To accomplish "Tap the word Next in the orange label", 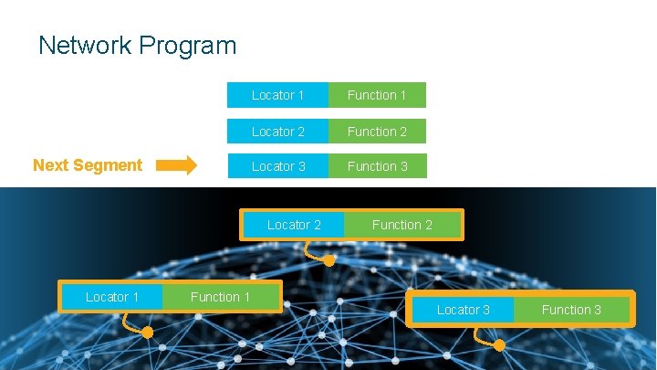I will [50, 165].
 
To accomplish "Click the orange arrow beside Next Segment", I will [176, 165].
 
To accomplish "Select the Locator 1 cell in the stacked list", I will [277, 95].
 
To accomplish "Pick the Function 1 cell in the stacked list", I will [377, 95].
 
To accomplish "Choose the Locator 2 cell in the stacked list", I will [277, 132].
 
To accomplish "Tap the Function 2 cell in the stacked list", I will [377, 132].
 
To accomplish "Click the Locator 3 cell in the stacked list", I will [277, 166].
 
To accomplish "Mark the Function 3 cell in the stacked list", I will [377, 166].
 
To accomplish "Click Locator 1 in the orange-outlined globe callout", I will [111, 297].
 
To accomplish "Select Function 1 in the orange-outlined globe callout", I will [220, 297].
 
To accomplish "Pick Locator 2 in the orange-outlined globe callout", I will [294, 225].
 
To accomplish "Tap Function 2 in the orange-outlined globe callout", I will [402, 225].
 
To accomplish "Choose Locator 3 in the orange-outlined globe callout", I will [463, 310].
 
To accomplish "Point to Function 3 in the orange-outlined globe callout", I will [571, 310].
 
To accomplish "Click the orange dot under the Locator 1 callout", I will [148, 333].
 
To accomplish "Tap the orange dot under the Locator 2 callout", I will [329, 260].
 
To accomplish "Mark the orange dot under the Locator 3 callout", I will [499, 345].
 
